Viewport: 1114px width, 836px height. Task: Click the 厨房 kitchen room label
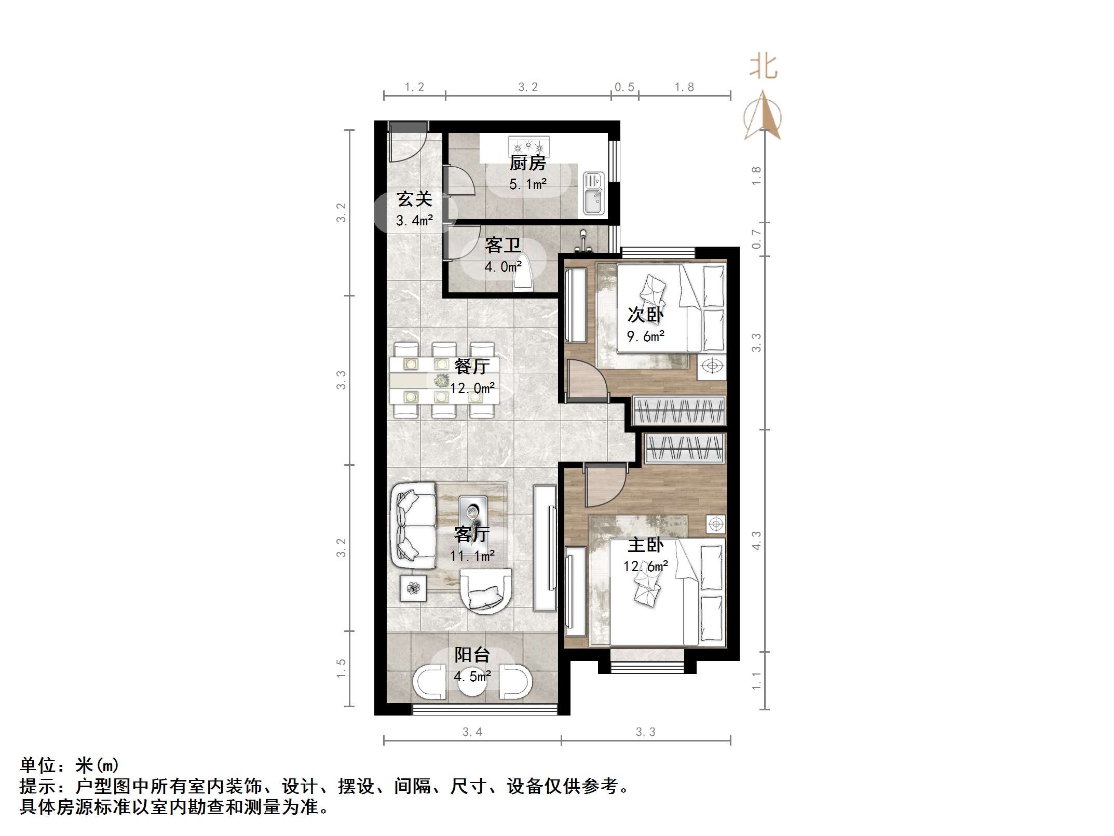point(527,163)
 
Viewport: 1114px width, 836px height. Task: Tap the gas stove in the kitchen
point(528,145)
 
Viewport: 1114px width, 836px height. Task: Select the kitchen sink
point(593,193)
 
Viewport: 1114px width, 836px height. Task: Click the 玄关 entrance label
point(414,199)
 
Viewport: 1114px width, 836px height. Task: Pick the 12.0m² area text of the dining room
point(472,388)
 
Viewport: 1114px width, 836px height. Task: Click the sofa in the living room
point(413,525)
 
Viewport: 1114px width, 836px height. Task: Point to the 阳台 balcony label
point(472,655)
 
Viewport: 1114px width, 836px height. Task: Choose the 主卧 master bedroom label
point(645,545)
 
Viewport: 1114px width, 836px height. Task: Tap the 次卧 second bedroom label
point(645,314)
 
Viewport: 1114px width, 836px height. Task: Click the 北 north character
point(763,67)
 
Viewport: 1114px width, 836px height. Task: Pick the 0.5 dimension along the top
point(624,87)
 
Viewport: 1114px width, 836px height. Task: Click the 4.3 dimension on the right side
point(756,540)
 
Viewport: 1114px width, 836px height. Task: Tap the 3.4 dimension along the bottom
point(472,732)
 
